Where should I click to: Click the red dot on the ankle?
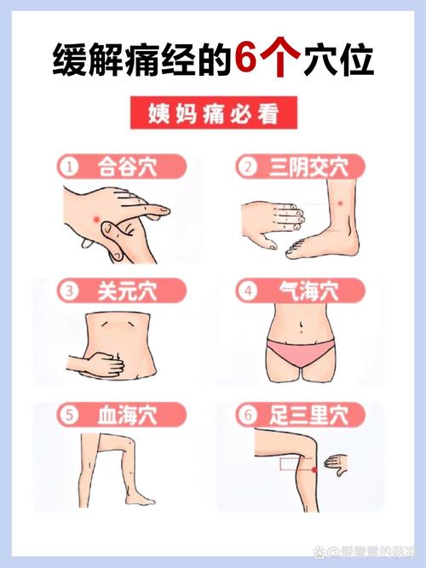tap(339, 203)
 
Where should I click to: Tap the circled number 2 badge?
tap(247, 166)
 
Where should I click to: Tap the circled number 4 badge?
tap(247, 291)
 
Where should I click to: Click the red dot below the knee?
tap(316, 469)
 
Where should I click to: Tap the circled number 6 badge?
tap(247, 416)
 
